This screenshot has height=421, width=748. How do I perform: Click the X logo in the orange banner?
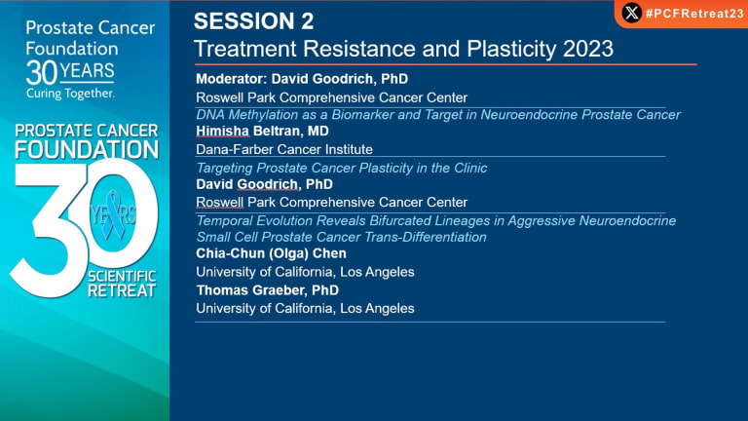[x=631, y=13]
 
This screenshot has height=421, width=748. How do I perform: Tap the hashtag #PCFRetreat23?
[x=695, y=14]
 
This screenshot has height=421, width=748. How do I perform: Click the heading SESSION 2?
[x=254, y=21]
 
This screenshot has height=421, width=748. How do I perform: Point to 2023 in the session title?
[x=588, y=49]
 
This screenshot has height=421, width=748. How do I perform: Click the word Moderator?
[x=232, y=79]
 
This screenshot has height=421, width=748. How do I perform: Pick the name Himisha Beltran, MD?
[x=262, y=131]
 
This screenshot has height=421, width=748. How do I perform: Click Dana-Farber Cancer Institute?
[x=284, y=149]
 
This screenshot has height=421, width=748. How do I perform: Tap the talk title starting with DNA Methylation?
[x=438, y=115]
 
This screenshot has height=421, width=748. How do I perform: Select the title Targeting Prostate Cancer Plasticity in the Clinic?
[x=342, y=168]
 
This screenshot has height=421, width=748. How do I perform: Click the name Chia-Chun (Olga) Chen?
[x=272, y=253]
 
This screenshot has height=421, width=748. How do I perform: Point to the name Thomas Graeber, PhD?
[x=268, y=290]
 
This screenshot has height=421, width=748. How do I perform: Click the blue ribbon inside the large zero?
[x=114, y=214]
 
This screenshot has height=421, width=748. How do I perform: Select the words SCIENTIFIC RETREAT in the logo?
[x=122, y=284]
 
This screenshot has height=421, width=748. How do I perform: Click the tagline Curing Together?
[x=70, y=94]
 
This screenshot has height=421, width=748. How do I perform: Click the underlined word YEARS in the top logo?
[x=87, y=71]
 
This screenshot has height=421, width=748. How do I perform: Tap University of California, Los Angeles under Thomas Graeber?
[x=305, y=308]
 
